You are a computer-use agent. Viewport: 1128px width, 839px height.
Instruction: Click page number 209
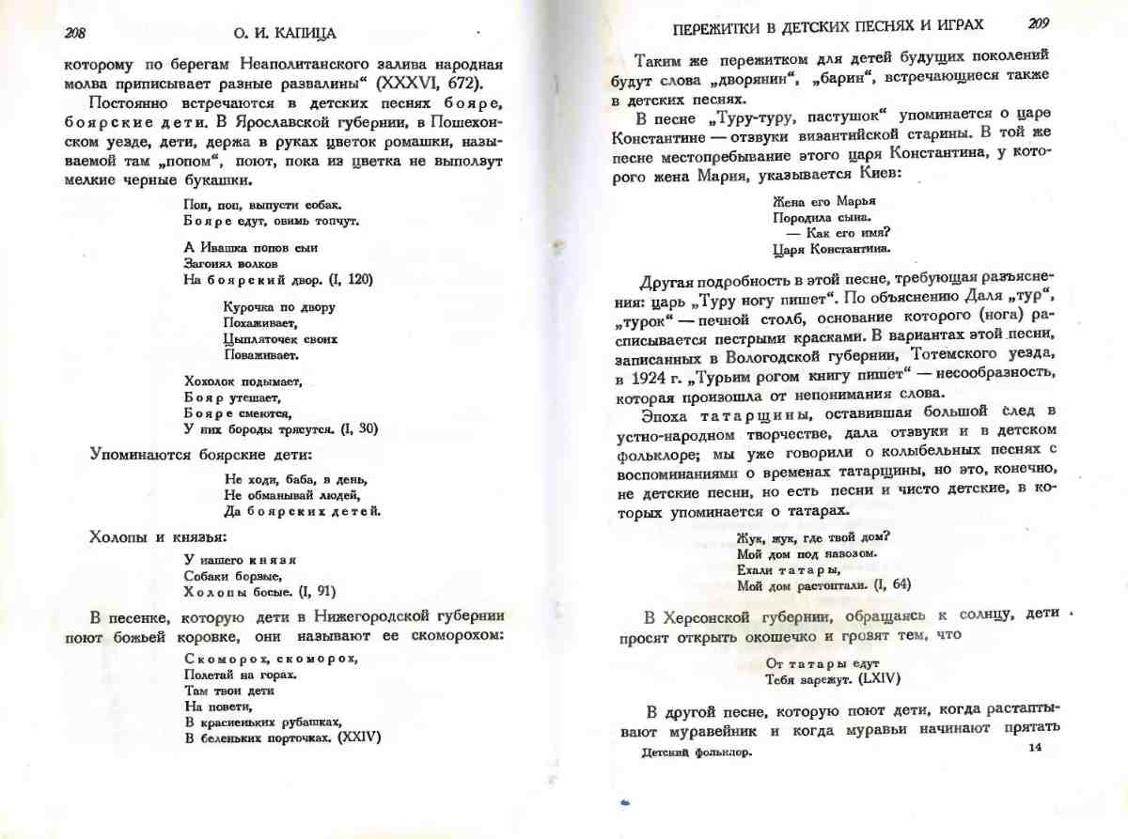point(1038,23)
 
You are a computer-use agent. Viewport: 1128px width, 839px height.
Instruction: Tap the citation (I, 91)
point(316,592)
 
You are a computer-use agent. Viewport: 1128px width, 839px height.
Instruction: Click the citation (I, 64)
point(892,585)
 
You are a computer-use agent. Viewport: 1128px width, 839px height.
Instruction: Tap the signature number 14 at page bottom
point(1035,747)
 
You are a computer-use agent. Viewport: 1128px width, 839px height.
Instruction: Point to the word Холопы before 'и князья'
point(117,537)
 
